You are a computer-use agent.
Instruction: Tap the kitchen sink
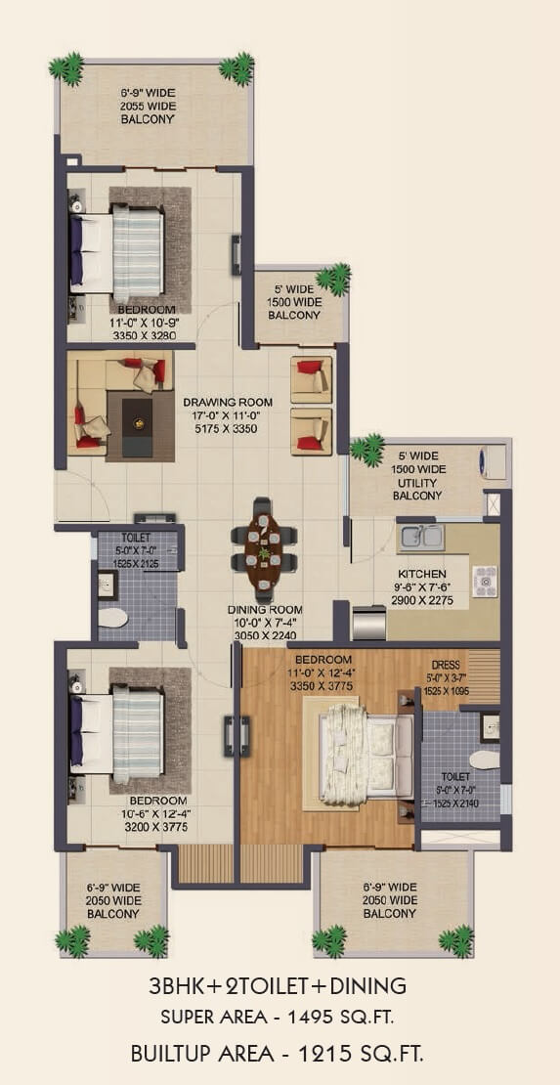(x=422, y=536)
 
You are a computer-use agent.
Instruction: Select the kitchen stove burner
(x=484, y=582)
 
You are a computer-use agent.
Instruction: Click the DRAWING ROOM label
(x=228, y=402)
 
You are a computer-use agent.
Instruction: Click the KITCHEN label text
(x=421, y=574)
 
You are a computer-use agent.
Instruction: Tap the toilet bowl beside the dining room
(x=113, y=618)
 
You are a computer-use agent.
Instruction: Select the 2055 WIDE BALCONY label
(x=148, y=108)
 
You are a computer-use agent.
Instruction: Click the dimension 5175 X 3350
(x=228, y=427)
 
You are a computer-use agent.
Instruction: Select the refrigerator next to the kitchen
(x=369, y=623)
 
